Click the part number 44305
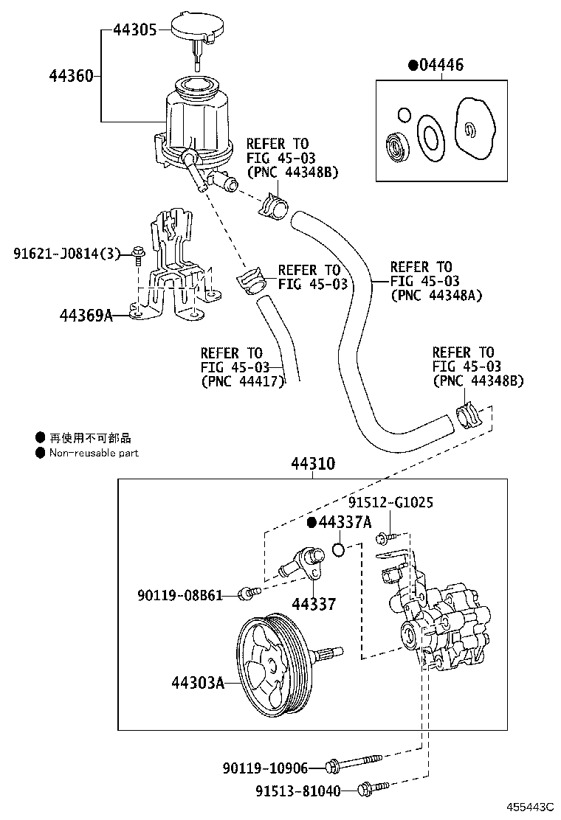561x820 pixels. (134, 30)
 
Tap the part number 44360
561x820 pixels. (71, 76)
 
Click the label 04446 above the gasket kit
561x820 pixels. (441, 66)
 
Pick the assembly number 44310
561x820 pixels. (312, 465)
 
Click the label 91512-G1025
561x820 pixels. (390, 503)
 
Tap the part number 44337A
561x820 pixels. (343, 523)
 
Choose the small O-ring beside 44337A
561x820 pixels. (338, 549)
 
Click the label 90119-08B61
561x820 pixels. (179, 594)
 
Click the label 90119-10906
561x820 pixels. (264, 768)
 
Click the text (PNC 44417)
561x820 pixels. (242, 382)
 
